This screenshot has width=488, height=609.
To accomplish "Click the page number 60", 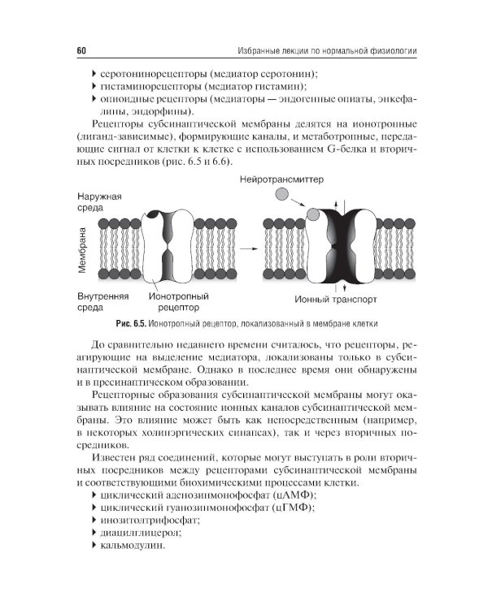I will tap(81, 51).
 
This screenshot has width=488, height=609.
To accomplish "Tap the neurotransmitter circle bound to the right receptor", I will tap(312, 214).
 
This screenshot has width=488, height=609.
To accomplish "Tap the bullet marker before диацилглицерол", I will tap(94, 533).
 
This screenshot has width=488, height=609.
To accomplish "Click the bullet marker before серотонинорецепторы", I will tap(94, 73).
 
